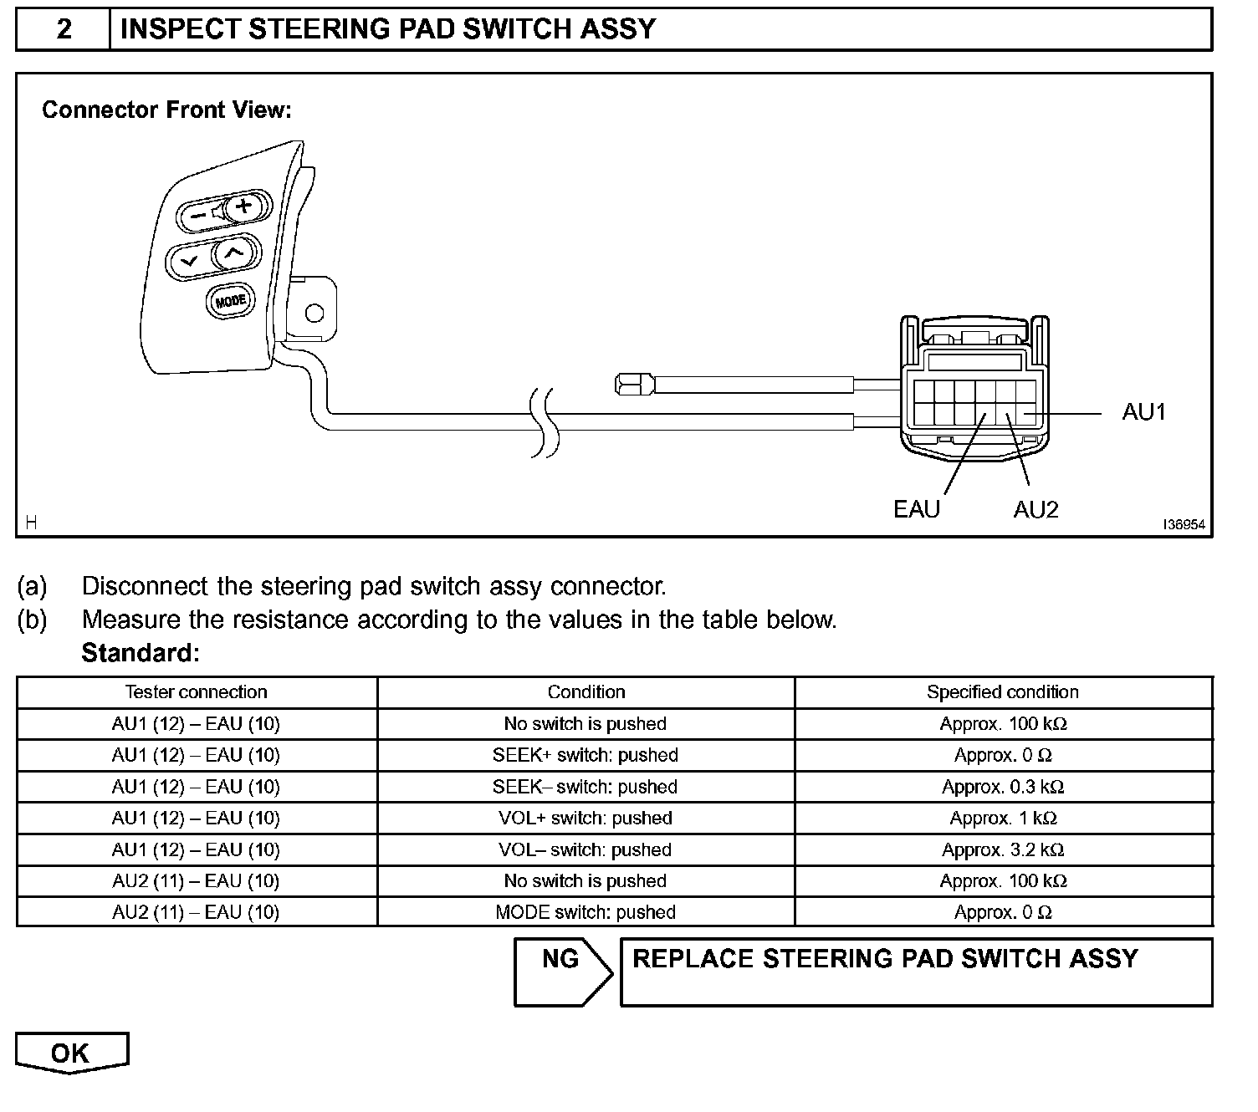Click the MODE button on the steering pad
pyautogui.click(x=229, y=301)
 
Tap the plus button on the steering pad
pyautogui.click(x=243, y=206)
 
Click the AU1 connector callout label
pyautogui.click(x=1143, y=412)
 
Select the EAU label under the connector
pyautogui.click(x=917, y=510)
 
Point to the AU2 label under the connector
pyautogui.click(x=1036, y=510)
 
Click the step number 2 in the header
pyautogui.click(x=64, y=29)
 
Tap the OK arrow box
pyautogui.click(x=71, y=1053)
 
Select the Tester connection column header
pyautogui.click(x=196, y=692)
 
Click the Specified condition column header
pyautogui.click(x=1002, y=692)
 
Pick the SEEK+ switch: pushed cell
pyautogui.click(x=586, y=756)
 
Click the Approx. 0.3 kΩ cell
pyautogui.click(x=1002, y=788)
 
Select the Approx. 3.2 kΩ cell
pyautogui.click(x=1002, y=850)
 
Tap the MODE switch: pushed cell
pyautogui.click(x=586, y=913)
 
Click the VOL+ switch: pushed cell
pyautogui.click(x=586, y=819)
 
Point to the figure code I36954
pyautogui.click(x=1184, y=525)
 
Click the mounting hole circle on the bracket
pyautogui.click(x=314, y=314)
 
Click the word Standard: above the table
pyautogui.click(x=141, y=653)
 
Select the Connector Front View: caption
pyautogui.click(x=166, y=110)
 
